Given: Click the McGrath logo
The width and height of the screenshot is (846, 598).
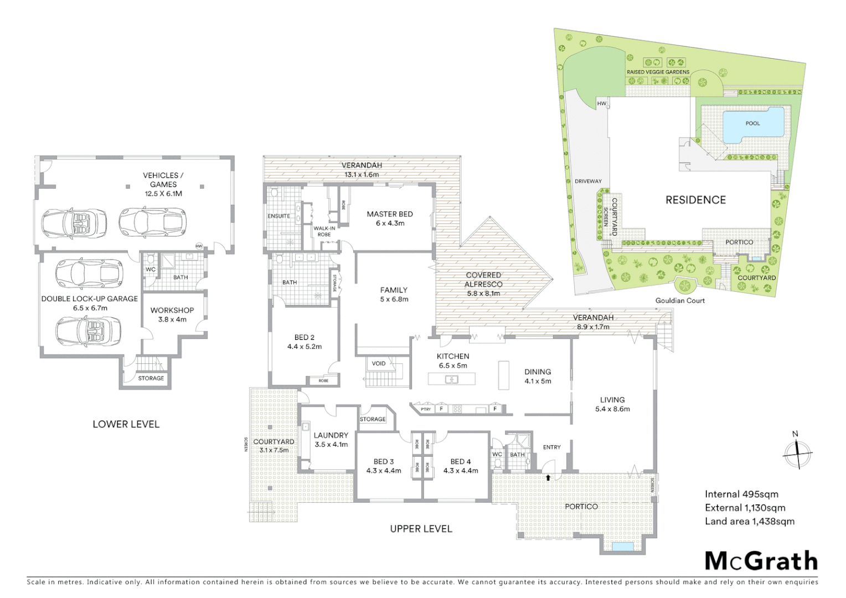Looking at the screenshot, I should coord(761,561).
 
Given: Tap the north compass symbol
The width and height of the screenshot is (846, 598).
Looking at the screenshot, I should coord(797,452).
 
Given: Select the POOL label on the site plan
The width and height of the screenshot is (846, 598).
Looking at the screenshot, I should coord(752,123).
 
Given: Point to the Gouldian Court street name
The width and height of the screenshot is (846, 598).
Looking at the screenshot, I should coord(680,301).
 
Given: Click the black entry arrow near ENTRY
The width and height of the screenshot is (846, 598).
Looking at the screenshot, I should coord(548,477).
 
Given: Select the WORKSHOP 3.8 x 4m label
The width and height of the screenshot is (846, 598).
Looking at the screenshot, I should coord(172,315).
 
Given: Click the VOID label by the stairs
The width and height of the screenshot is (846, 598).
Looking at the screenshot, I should coord(379,364).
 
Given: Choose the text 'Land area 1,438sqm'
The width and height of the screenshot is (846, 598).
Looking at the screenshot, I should coord(749,521).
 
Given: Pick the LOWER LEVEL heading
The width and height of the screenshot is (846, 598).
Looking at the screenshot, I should coord(126,424).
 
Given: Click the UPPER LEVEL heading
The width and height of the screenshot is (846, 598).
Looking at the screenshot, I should coord(421,529).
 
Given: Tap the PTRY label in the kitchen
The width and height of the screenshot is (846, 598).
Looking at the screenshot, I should coord(425,409).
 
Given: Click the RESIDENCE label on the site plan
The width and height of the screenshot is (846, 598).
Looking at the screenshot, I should coord(695,200).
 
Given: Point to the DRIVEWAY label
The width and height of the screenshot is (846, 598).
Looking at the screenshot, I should coord(587,181).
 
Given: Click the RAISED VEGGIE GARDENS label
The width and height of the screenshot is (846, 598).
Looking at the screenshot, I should coord(658,72).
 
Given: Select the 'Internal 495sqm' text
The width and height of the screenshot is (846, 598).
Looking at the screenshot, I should coord(741,494).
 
